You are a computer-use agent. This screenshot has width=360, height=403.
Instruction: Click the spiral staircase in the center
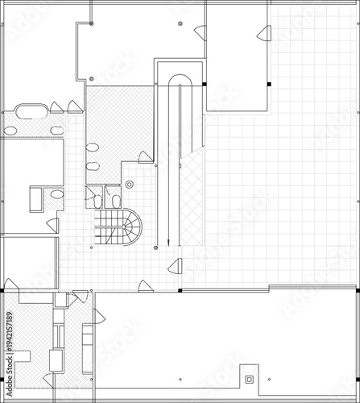(121, 226)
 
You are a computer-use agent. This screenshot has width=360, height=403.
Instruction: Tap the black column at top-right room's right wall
(270, 84)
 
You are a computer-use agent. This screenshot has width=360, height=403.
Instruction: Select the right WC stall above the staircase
(113, 197)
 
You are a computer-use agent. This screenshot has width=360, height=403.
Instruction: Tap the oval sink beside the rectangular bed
(56, 194)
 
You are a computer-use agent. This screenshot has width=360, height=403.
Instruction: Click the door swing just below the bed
(52, 225)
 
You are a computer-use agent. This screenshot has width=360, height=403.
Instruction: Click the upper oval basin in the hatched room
(93, 148)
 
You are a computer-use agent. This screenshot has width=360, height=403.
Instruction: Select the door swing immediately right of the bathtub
(56, 108)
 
